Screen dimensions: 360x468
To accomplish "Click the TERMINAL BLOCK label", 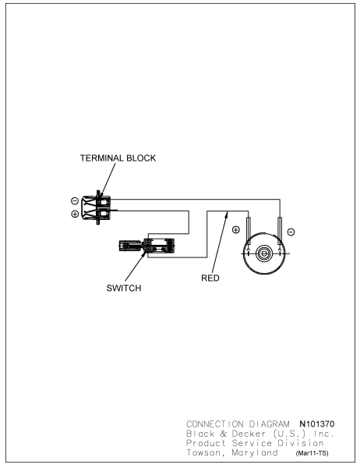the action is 118,158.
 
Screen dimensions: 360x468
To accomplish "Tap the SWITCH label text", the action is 124,288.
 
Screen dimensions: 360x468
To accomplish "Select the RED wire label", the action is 210,278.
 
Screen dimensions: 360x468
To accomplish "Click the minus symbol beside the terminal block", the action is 75,201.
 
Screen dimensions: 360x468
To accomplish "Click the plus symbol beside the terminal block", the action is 75,214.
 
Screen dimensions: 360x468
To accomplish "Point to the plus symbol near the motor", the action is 236,230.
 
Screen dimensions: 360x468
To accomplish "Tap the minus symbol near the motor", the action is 291,232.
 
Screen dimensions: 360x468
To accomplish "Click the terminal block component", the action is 96,207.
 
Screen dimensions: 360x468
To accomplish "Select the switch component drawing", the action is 146,246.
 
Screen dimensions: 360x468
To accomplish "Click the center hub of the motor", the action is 264,253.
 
